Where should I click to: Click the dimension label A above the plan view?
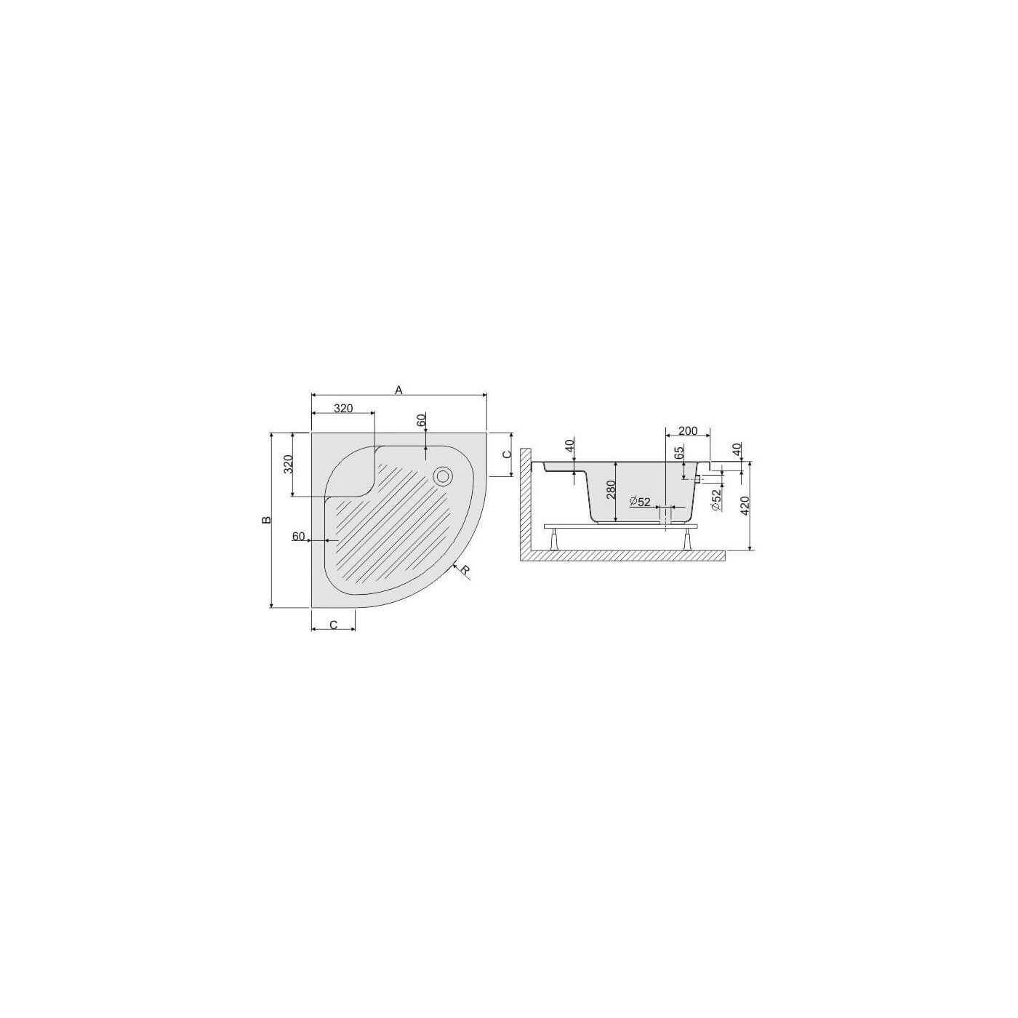(398, 390)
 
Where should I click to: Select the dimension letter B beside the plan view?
(267, 520)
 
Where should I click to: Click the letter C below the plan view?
(333, 625)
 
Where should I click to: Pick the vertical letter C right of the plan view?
(508, 454)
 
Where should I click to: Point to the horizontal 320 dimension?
(343, 409)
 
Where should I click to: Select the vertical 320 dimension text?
(287, 464)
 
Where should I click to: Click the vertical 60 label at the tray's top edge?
(420, 420)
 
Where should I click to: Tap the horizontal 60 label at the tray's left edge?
(298, 536)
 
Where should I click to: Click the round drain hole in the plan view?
(442, 476)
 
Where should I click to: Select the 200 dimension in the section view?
(687, 431)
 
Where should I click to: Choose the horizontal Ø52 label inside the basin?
(640, 502)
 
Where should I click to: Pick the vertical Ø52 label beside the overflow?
(716, 500)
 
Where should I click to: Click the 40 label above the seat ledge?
(570, 446)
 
